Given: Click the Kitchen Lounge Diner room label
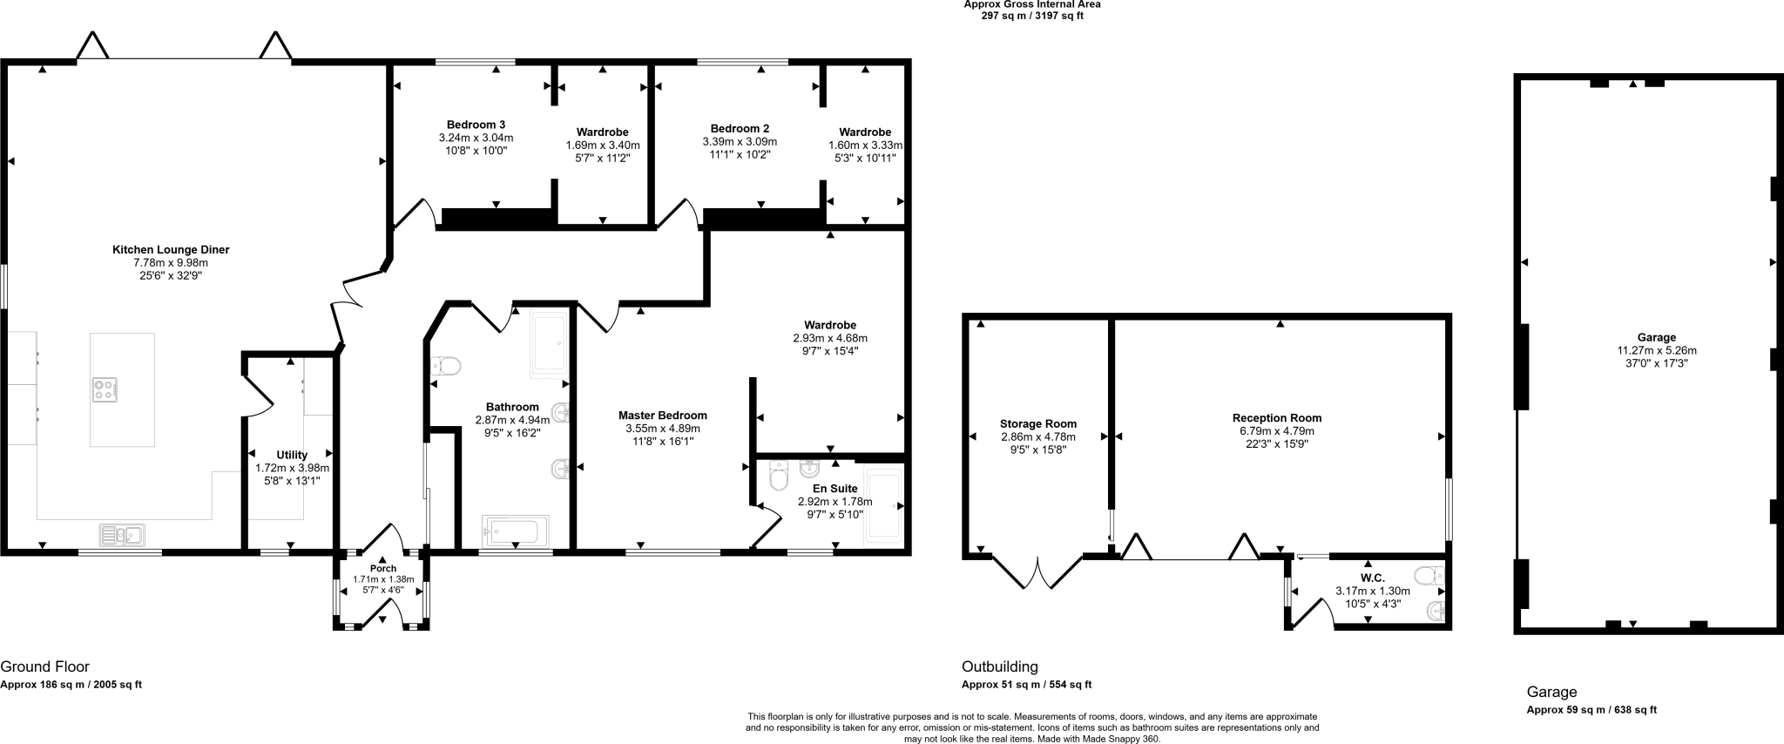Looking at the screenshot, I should coord(171,250).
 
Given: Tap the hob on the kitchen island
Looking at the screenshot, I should coord(105,389).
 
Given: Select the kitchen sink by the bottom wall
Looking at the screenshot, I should coord(122,534).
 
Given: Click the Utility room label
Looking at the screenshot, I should coord(292,455).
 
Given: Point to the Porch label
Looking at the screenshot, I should coord(383,569).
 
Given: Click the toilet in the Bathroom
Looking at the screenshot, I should coord(445,366).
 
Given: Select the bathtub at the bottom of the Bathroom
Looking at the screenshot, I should coord(515,530).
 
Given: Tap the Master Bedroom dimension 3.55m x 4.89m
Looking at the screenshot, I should coord(662,429).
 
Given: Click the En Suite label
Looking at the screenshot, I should coord(835,489).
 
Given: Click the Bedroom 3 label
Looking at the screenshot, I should coord(476,125).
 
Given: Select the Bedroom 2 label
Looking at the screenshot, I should coord(740,128).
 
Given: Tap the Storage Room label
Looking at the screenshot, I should coord(1037,424).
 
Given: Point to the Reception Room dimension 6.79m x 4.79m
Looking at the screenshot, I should coord(1277,431).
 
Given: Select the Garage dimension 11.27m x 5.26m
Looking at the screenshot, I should coord(1656,351).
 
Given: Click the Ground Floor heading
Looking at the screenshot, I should coord(44,667).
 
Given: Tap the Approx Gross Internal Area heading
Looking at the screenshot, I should coord(1031,4).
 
